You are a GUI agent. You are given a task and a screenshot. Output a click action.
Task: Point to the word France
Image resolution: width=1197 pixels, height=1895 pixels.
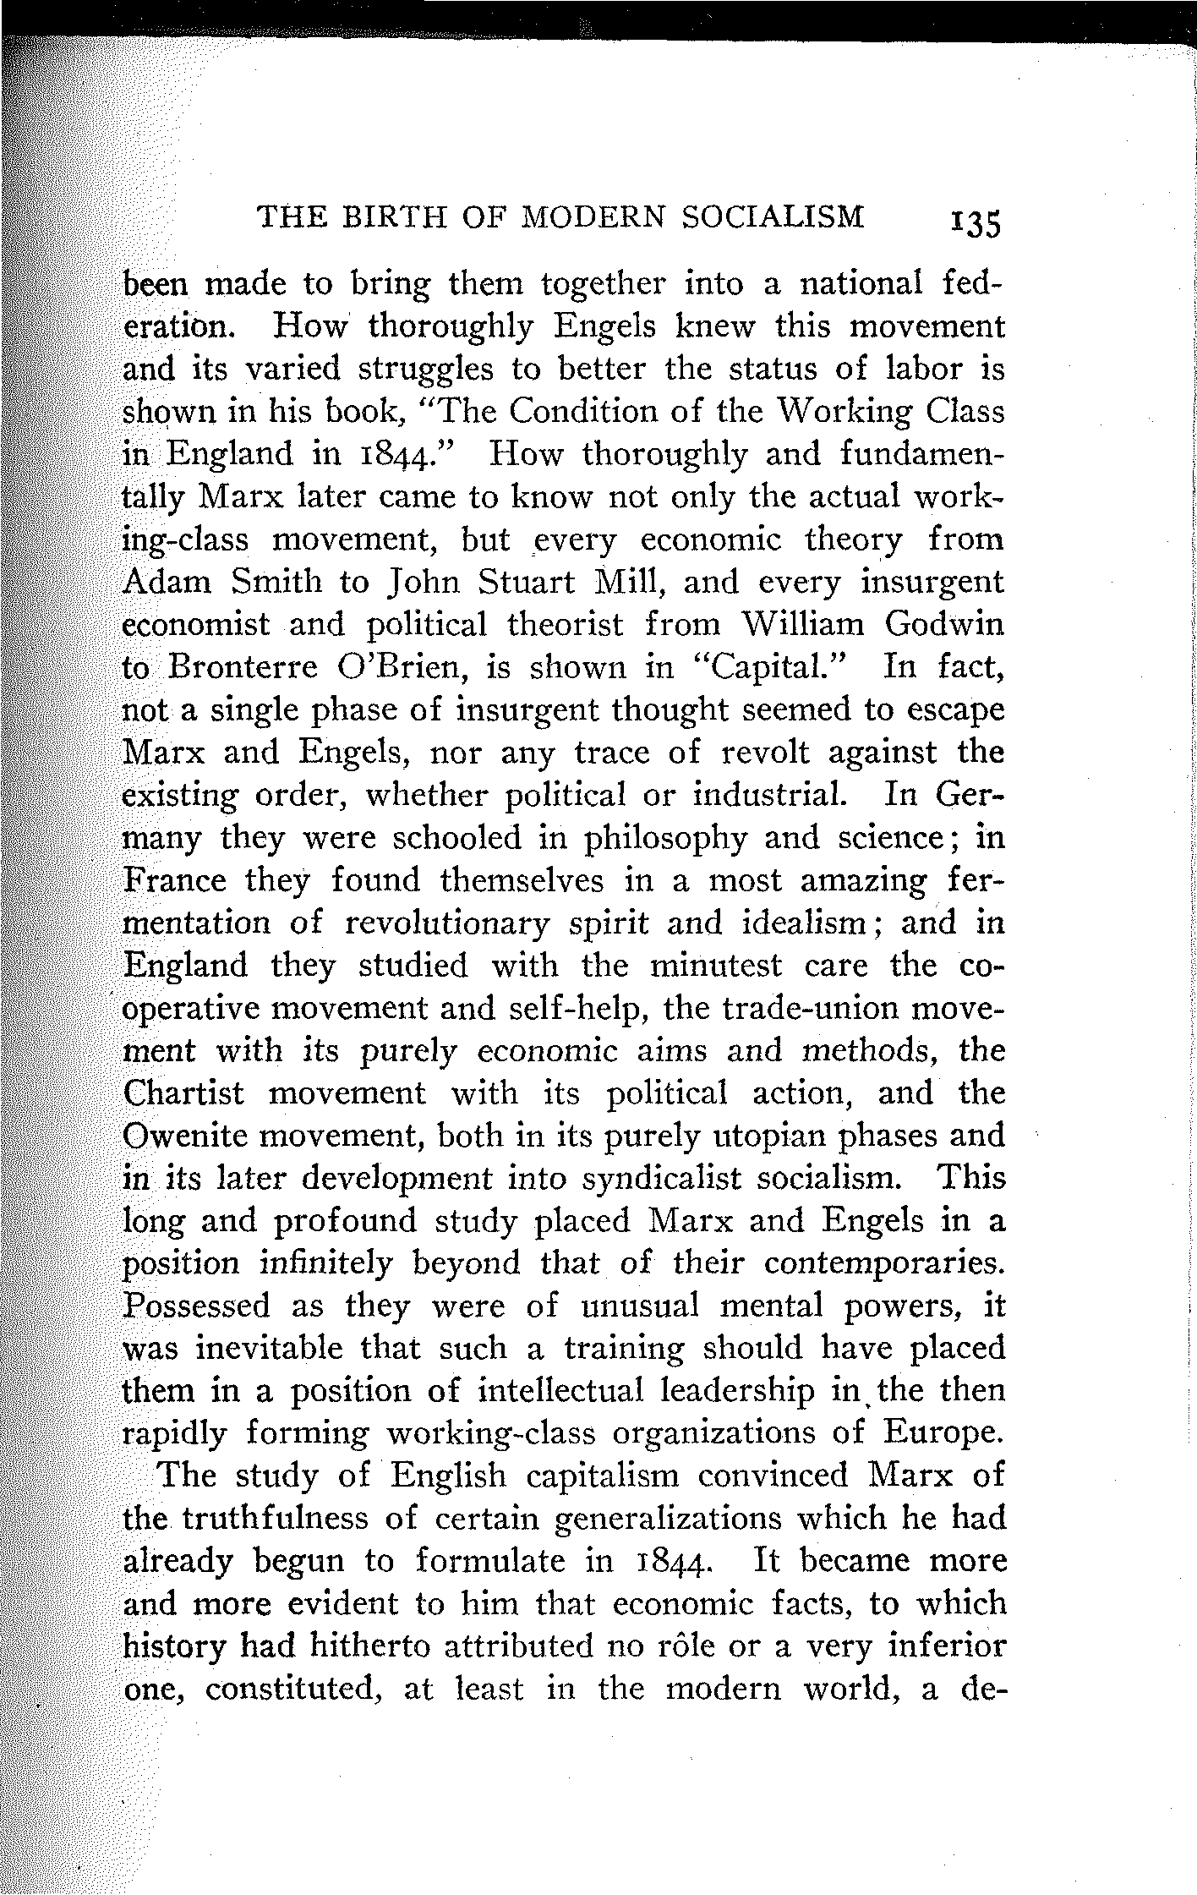(x=175, y=881)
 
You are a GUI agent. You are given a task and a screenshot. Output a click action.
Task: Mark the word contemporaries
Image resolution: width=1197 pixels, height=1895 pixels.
(x=884, y=1264)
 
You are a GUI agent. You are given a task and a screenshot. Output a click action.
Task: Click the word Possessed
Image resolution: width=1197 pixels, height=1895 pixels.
(x=197, y=1306)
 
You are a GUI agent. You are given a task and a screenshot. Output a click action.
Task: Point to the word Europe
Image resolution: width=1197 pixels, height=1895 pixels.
(x=944, y=1434)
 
